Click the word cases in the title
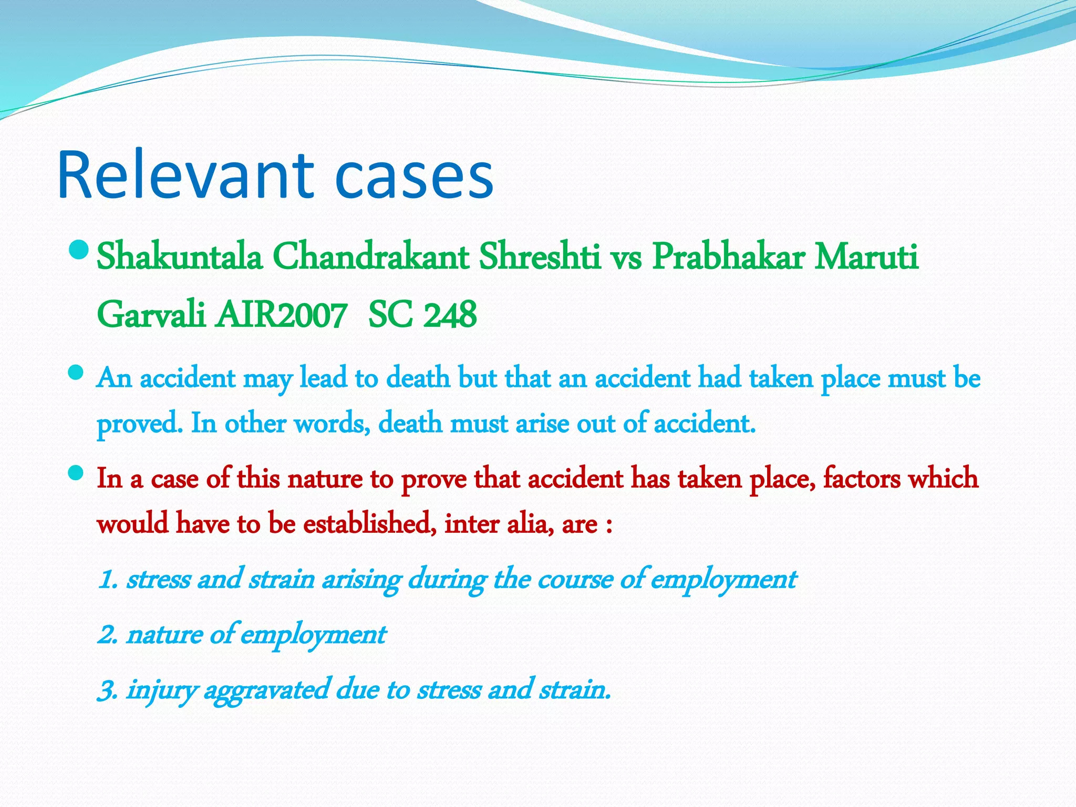[414, 176]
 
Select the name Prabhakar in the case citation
[728, 257]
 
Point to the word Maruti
[866, 257]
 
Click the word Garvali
[151, 315]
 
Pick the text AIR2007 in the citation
[281, 315]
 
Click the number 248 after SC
[450, 315]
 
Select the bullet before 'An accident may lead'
[76, 373]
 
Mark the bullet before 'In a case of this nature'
[76, 473]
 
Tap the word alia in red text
[530, 524]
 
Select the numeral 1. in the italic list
[108, 580]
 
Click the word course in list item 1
[575, 580]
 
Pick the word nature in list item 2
[164, 635]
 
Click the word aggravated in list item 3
[266, 690]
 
